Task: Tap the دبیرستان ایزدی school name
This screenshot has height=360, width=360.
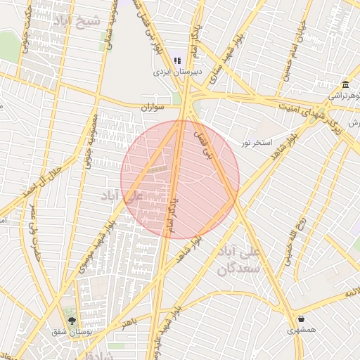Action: click(179, 72)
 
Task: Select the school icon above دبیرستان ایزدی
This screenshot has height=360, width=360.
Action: click(178, 61)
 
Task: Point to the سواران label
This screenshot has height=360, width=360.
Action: click(151, 108)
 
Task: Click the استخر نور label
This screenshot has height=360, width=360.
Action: click(256, 143)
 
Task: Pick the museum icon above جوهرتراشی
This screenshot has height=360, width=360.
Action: click(345, 84)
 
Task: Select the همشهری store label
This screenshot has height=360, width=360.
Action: click(301, 329)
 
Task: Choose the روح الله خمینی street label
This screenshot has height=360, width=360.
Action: click(293, 240)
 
